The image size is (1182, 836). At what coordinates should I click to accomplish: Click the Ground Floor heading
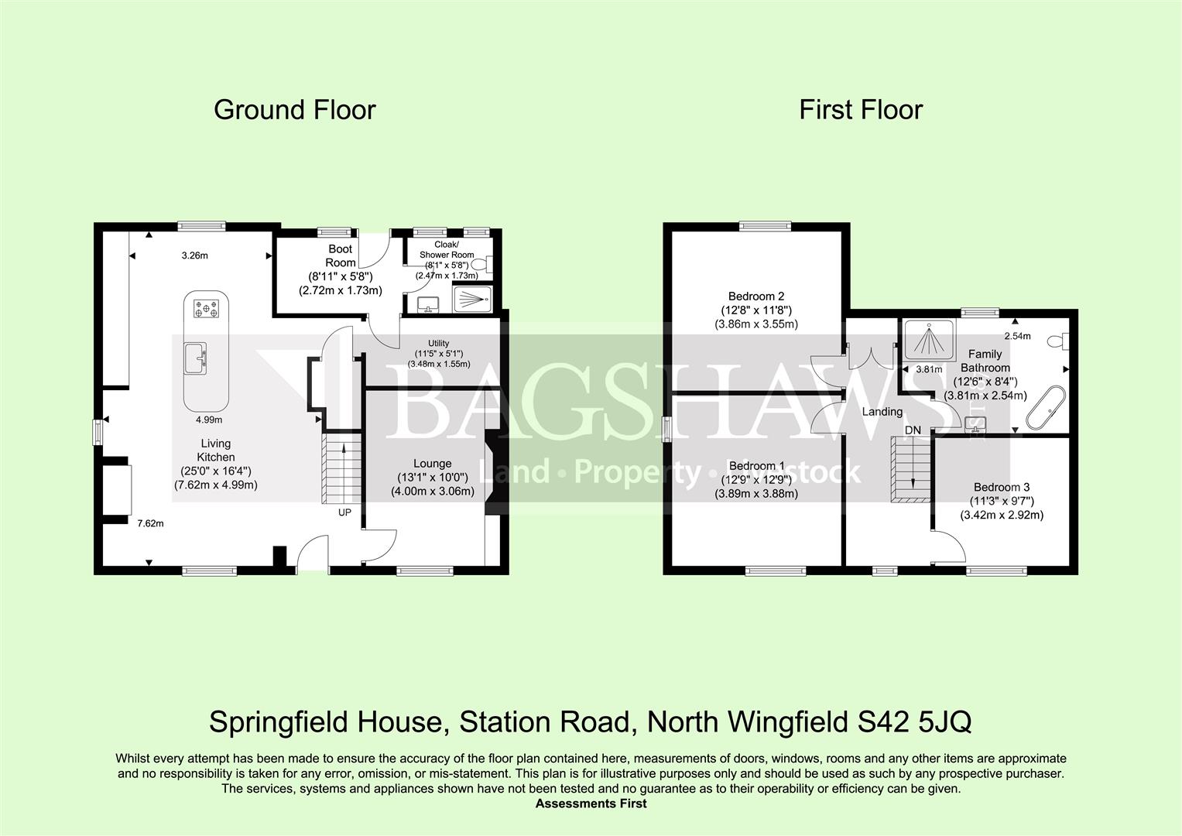pos(294,110)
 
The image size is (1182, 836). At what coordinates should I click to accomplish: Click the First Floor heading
pos(861,110)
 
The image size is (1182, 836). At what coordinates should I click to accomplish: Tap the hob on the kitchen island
pos(207,309)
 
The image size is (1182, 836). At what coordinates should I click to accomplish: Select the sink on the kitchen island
pos(194,359)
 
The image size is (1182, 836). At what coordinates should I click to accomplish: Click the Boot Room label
pos(340,256)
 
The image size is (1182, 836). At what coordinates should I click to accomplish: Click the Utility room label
pos(438,344)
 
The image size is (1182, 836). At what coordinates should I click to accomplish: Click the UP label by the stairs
pos(344,512)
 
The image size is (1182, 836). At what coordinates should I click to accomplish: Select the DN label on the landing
pos(913,430)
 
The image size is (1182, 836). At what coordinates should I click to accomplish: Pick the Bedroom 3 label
pos(1002,488)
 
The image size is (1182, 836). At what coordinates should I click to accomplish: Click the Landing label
pos(882,412)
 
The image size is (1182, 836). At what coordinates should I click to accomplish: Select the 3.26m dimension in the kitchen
pos(194,255)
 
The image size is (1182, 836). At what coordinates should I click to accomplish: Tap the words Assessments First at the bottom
pos(591,803)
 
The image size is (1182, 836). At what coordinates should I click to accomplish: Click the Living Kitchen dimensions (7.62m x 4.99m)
pos(216,485)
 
